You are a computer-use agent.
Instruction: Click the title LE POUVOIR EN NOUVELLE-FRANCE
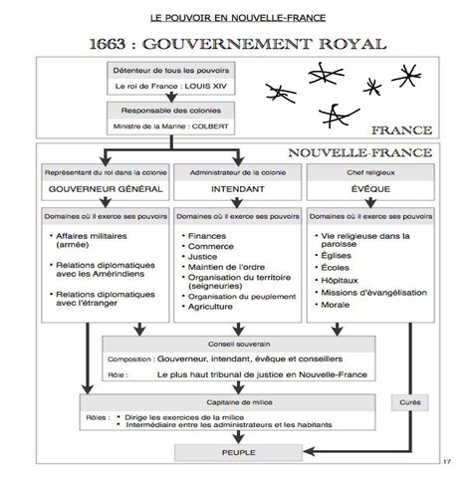pos(237,18)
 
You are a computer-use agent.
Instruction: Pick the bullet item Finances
pos(202,237)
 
